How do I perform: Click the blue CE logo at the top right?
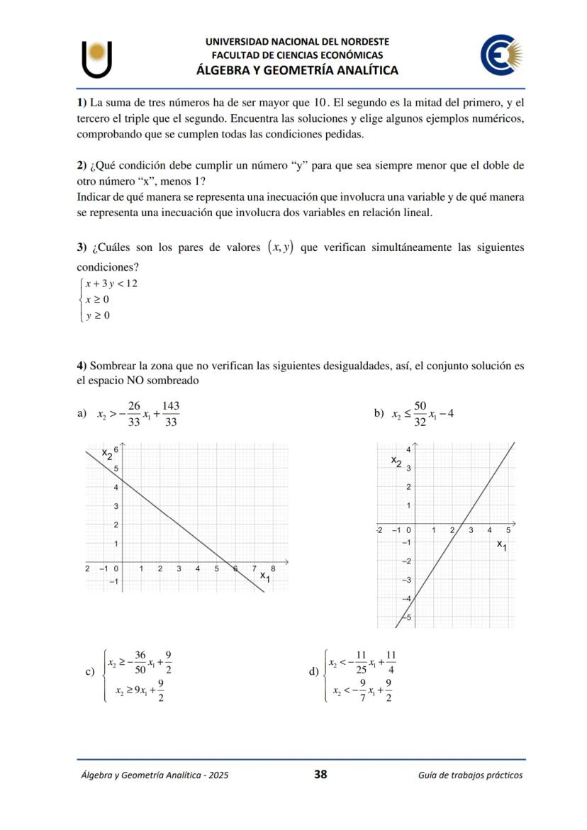click(x=502, y=56)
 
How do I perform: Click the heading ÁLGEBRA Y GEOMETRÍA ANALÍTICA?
click(x=297, y=69)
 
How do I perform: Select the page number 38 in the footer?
click(x=320, y=774)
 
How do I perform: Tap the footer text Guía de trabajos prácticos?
click(x=470, y=775)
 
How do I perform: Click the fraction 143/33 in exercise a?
click(x=170, y=414)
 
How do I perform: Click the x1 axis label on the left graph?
click(x=264, y=577)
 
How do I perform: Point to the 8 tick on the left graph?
click(x=273, y=568)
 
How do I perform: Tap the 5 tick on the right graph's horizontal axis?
click(x=508, y=530)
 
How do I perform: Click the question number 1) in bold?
click(x=82, y=102)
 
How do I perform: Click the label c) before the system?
click(x=90, y=672)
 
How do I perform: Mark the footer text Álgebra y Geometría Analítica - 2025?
click(x=154, y=775)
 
